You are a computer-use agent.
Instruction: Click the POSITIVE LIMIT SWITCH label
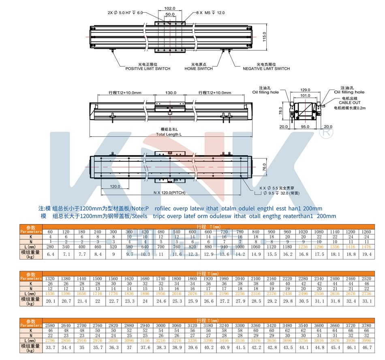[148, 69]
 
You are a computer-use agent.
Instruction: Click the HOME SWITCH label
[199, 69]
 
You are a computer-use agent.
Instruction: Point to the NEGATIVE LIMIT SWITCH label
[266, 69]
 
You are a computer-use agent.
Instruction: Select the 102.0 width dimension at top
[170, 8]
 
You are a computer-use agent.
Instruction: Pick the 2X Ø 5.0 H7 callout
[125, 13]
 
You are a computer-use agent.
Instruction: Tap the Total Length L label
[169, 134]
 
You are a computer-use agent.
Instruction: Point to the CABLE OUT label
[349, 103]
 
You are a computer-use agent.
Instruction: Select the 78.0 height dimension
[280, 111]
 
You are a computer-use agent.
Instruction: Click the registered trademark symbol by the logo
[326, 132]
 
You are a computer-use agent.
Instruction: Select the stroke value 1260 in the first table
[367, 231]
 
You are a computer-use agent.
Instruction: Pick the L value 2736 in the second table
[367, 293]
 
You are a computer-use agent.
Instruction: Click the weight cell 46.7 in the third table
[367, 347]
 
